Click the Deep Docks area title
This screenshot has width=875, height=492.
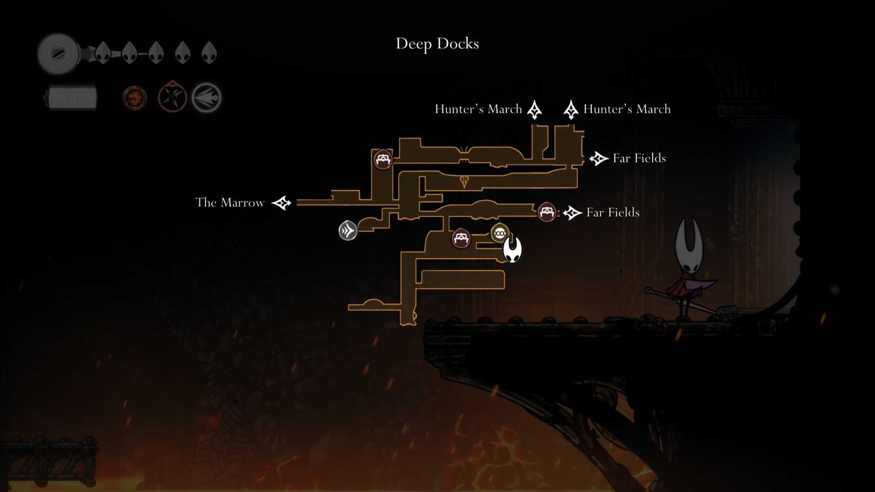437,43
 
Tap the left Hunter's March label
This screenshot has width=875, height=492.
478,109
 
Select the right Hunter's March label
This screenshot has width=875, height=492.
627,109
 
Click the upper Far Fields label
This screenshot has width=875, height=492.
639,158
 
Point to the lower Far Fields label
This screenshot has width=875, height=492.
612,213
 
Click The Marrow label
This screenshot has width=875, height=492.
230,203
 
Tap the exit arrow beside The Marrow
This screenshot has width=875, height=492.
282,203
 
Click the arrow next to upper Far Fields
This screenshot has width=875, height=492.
599,159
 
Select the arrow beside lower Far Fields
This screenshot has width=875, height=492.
572,213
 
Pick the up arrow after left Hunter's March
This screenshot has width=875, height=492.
535,110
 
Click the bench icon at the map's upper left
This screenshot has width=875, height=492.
383,159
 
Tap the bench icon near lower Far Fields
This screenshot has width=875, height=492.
547,212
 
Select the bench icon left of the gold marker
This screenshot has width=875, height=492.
461,238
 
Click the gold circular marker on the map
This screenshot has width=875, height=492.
500,233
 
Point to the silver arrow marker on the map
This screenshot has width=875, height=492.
348,231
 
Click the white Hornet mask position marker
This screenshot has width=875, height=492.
512,249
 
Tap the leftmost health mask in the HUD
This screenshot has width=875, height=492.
103,53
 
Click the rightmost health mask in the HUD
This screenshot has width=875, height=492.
209,53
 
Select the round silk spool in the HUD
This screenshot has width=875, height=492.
58,54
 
